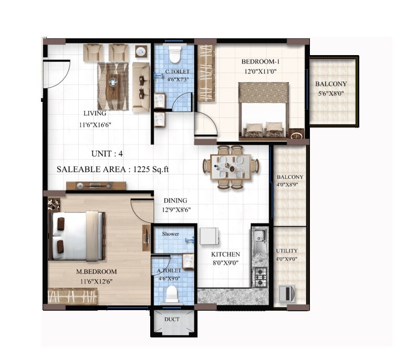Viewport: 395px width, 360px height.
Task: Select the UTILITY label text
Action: [x=287, y=251]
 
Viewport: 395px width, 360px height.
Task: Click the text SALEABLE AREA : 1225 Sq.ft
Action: [x=112, y=170]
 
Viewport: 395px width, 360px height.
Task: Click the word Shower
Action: [x=170, y=234]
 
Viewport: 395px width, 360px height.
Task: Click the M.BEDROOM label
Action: [x=96, y=272]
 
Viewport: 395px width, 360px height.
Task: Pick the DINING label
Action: [x=175, y=200]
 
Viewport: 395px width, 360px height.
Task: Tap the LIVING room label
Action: [x=95, y=113]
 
